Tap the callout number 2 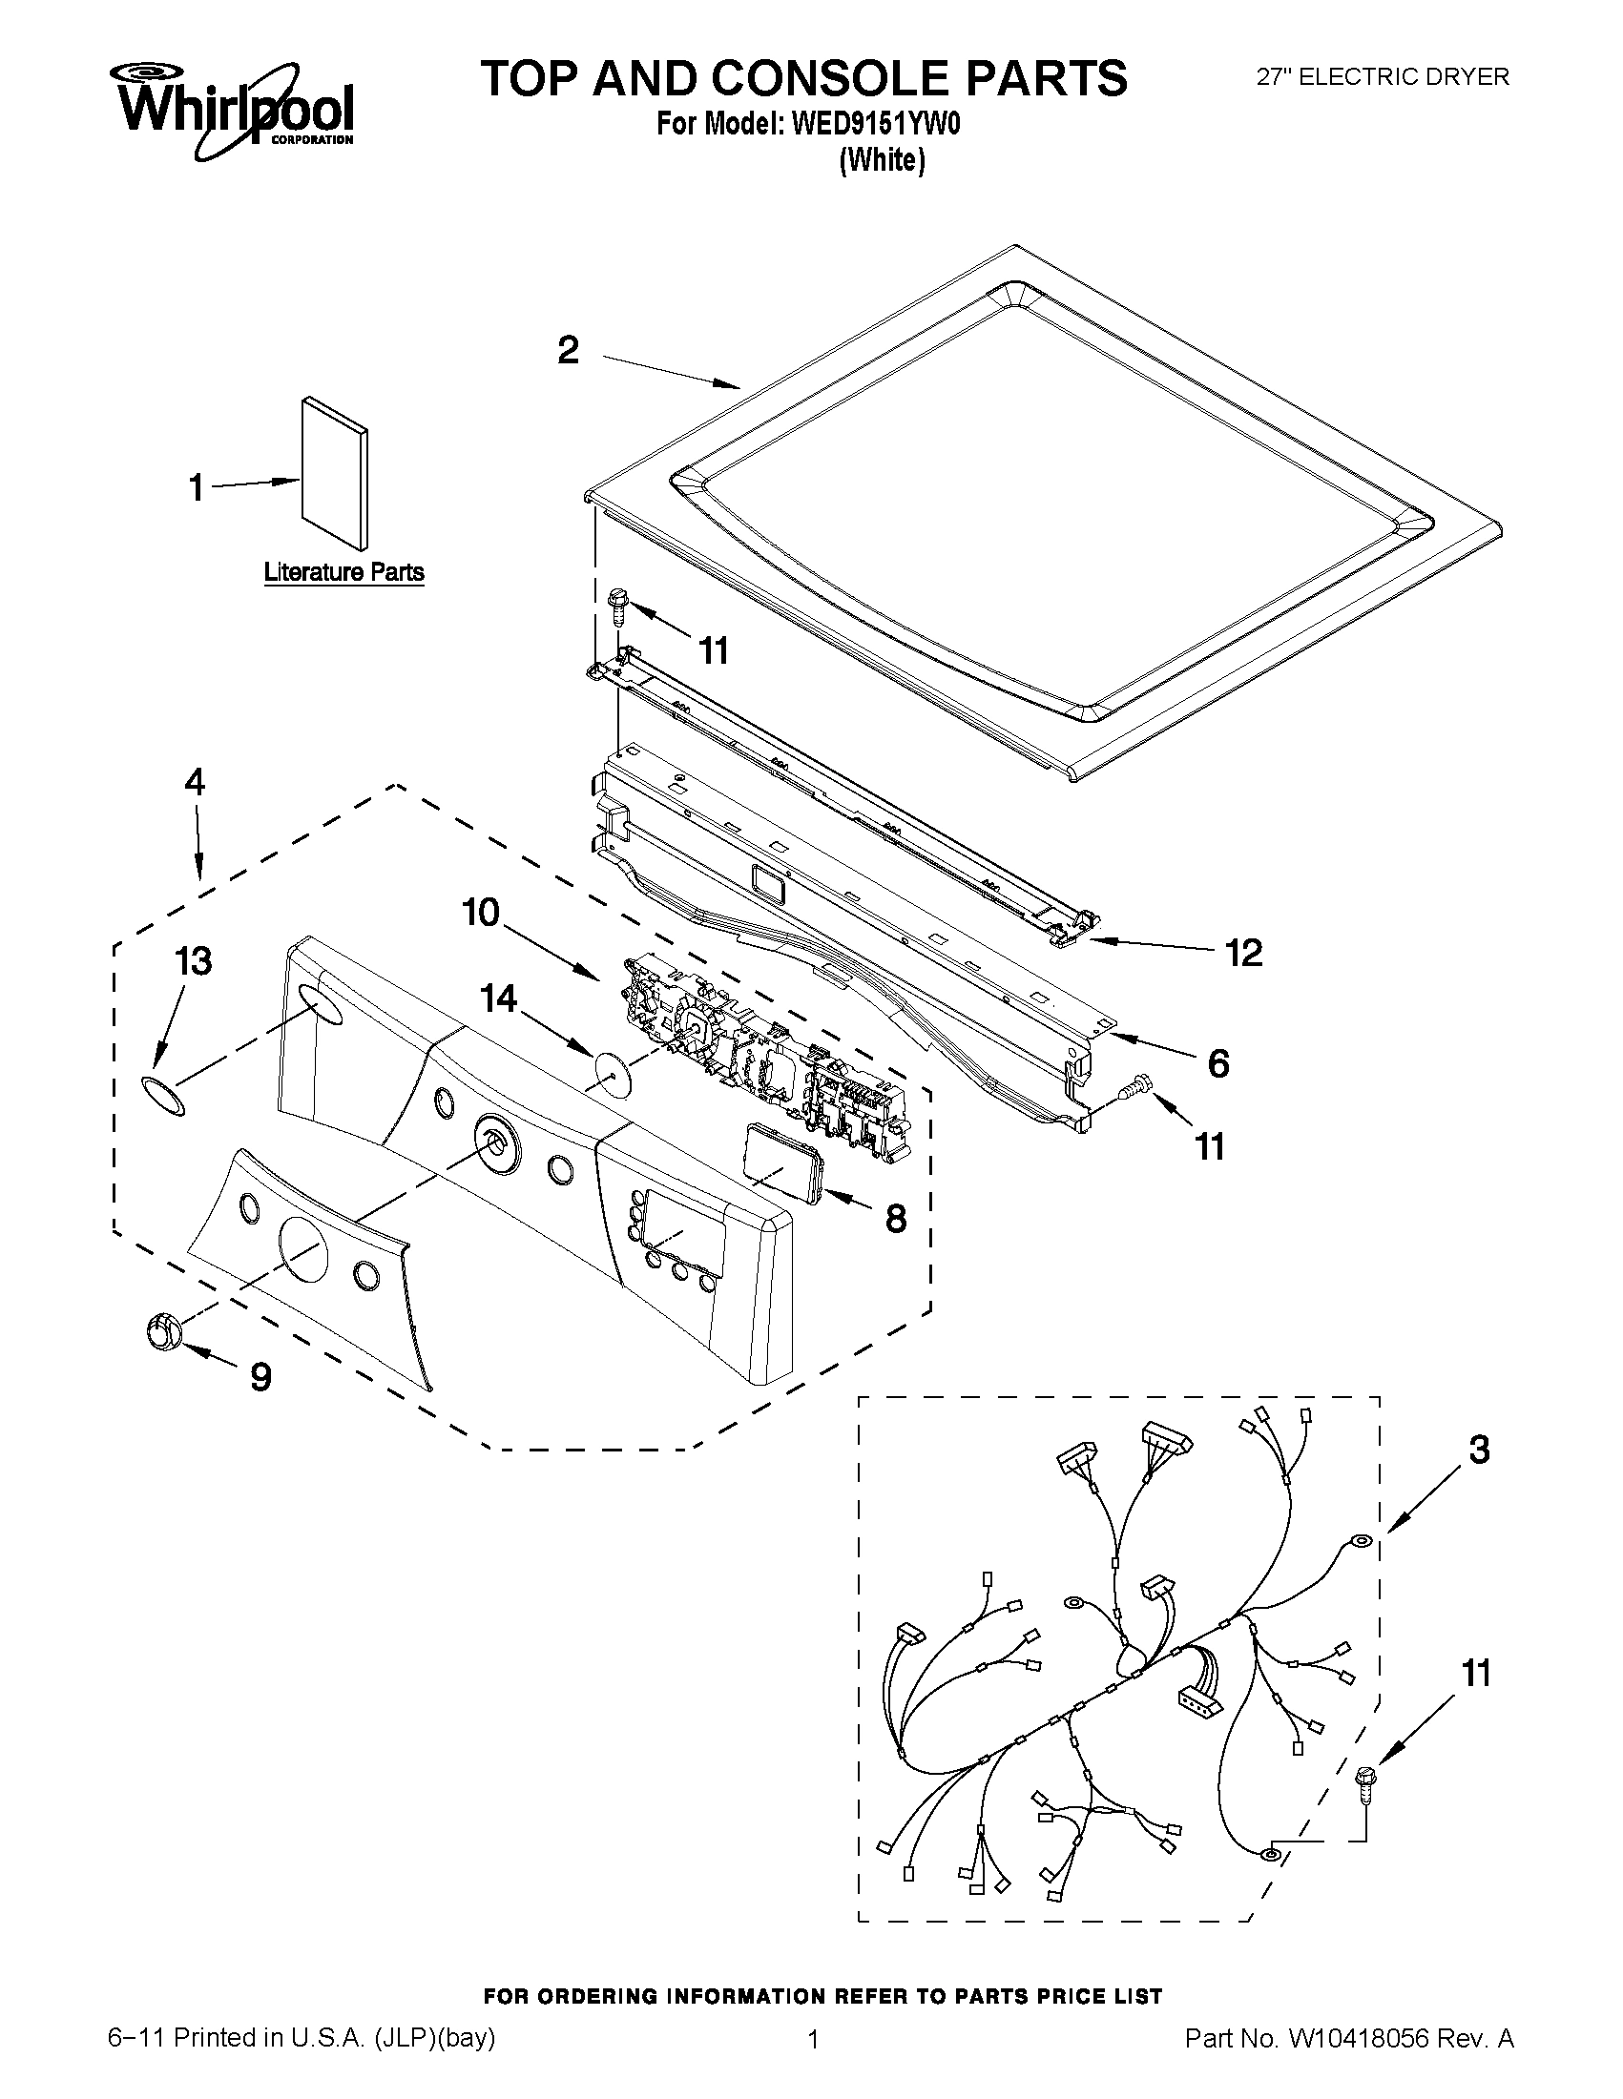(x=569, y=351)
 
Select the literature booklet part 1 (x=334, y=472)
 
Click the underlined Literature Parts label (x=344, y=573)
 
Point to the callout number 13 (x=194, y=961)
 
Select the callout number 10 (x=480, y=912)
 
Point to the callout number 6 (x=1217, y=1064)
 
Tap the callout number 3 (x=1478, y=1451)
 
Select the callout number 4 (x=195, y=783)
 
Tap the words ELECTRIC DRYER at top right (x=1404, y=77)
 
